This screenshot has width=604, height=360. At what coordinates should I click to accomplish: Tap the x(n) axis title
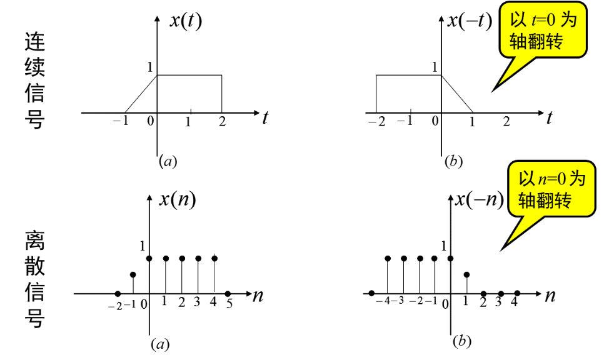[178, 199]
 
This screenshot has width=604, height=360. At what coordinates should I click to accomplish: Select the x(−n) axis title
[479, 199]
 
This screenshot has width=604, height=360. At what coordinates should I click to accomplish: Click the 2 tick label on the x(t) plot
[222, 122]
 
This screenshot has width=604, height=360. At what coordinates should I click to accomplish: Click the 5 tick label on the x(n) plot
[229, 303]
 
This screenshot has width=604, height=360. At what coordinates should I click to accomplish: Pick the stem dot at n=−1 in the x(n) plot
[133, 274]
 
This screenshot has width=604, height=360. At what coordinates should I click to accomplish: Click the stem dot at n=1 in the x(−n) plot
[467, 274]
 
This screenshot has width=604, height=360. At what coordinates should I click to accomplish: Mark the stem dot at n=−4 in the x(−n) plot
[388, 257]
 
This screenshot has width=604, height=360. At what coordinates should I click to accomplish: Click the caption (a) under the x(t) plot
[168, 161]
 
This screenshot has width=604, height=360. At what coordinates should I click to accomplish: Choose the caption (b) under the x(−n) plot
[462, 341]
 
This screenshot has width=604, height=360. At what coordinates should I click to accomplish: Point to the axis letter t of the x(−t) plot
[549, 117]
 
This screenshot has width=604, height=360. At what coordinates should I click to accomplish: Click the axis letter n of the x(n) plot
[257, 295]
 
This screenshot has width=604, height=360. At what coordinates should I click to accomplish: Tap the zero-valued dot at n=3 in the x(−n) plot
[501, 292]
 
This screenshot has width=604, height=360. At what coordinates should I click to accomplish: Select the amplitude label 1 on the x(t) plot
[150, 66]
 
